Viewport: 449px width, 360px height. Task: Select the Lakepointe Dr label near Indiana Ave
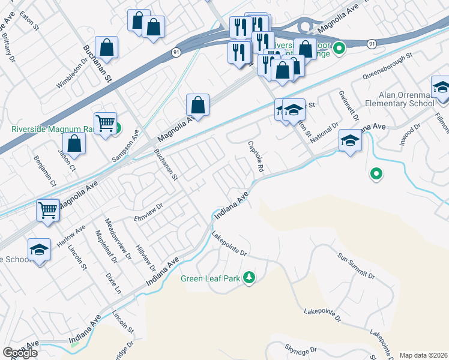pyautogui.click(x=229, y=245)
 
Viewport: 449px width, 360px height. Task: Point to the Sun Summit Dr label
pyautogui.click(x=355, y=268)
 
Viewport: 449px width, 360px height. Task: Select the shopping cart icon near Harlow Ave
pyautogui.click(x=48, y=210)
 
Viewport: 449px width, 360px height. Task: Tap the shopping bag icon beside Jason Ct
pyautogui.click(x=74, y=143)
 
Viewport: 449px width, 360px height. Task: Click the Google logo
pyautogui.click(x=20, y=353)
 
